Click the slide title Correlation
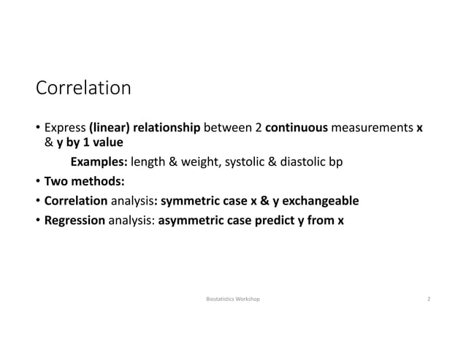point(83,89)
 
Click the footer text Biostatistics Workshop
point(233,299)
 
